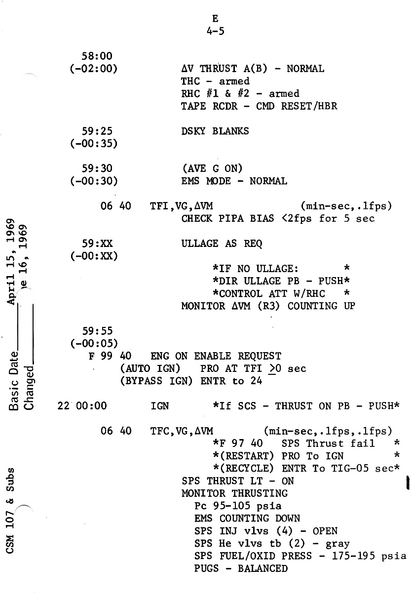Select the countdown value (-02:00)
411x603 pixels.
(94, 69)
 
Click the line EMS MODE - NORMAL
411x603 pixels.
(234, 181)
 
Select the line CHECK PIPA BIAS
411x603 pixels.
(278, 218)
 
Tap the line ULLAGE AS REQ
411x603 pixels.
(222, 243)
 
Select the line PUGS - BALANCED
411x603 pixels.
(241, 568)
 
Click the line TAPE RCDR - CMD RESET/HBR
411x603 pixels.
(259, 106)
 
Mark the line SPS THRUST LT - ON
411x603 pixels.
(237, 481)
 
